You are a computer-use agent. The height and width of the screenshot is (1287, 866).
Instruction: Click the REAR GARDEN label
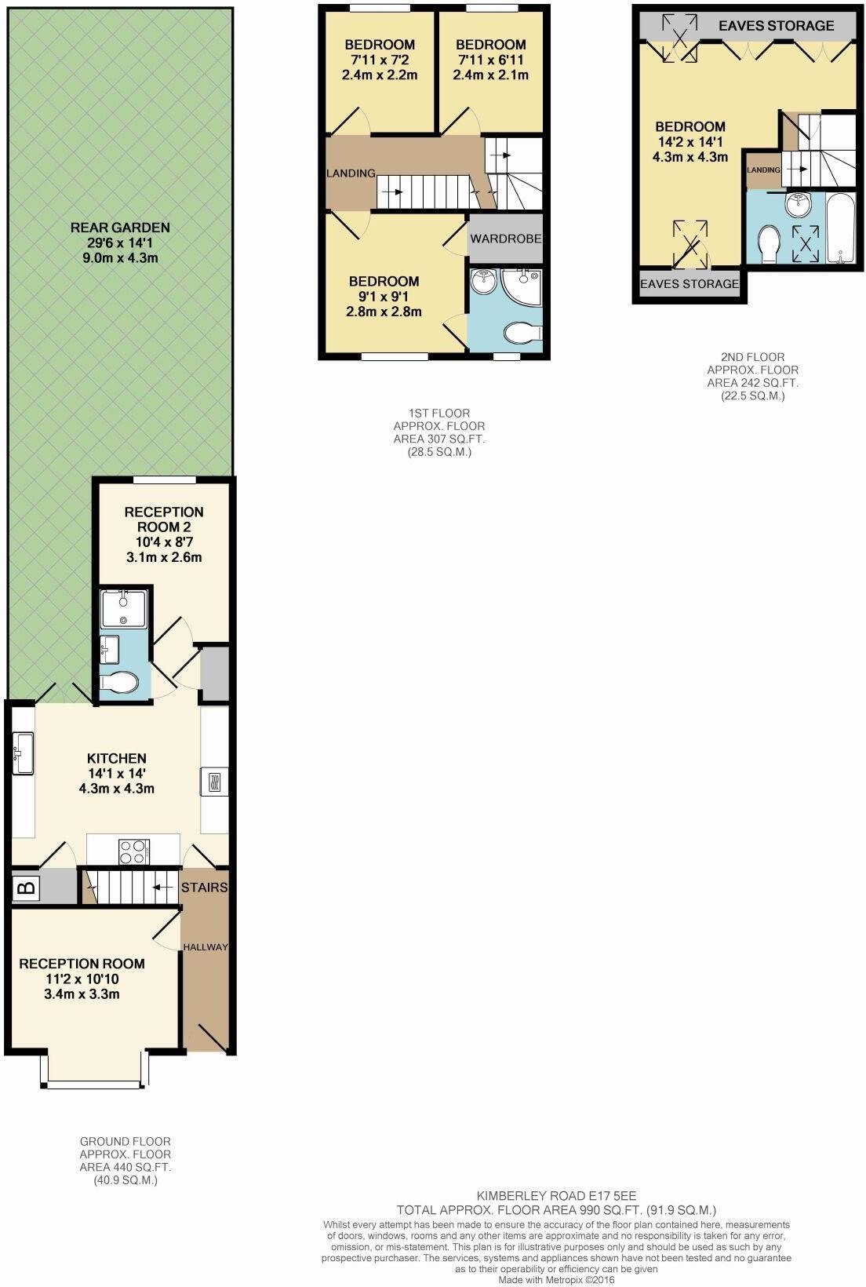coord(120,228)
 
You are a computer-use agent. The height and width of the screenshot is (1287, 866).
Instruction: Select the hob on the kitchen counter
coord(134,852)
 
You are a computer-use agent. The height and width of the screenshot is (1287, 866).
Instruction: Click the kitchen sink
coord(23,753)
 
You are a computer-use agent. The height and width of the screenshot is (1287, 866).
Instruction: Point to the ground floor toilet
coord(119,684)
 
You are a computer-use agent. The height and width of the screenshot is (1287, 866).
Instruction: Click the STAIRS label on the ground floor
coord(205,888)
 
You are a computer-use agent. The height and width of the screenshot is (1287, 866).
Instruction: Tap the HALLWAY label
coord(206,947)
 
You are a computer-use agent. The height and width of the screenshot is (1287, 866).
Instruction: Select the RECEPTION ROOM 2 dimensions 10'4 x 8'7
coord(164,541)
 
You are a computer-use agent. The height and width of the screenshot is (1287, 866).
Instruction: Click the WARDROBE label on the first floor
coord(506,239)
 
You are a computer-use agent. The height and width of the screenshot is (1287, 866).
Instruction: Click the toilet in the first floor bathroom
coord(523,332)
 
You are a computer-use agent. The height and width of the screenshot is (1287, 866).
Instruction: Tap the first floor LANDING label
coord(351,173)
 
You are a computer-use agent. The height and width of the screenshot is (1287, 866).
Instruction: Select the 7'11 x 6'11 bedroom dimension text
coord(490,59)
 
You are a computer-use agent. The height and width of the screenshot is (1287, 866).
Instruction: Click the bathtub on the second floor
coord(842,228)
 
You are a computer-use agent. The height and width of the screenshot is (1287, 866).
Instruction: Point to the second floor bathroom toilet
coord(769,243)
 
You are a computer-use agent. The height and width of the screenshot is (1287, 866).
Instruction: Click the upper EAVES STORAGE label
coord(777,26)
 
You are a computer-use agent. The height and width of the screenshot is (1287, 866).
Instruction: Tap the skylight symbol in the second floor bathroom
coord(806,244)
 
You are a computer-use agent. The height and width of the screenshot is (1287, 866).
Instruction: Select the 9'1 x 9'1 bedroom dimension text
coord(384,297)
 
